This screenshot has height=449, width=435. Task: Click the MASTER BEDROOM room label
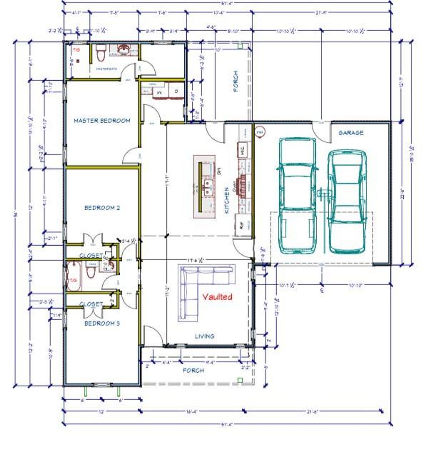tap(102, 120)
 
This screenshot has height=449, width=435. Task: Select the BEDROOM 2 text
tap(102, 208)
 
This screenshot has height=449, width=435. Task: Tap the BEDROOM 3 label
tap(102, 323)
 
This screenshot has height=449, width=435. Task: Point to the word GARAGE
tap(351, 133)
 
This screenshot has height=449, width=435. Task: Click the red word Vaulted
tap(217, 297)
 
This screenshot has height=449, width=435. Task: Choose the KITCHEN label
tap(227, 201)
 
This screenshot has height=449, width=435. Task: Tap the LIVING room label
tap(205, 336)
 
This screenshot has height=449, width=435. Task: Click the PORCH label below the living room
tap(193, 370)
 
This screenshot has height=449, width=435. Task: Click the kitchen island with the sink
tap(205, 187)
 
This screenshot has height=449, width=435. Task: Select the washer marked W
tap(159, 92)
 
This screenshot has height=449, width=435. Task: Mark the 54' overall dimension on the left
tap(15, 214)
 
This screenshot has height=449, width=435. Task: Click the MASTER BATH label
tap(106, 69)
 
